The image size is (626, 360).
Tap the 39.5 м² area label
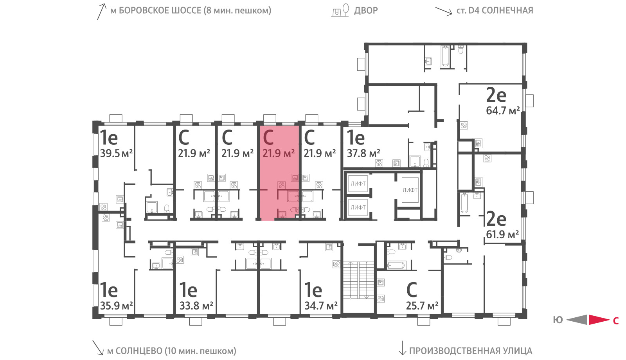click(116, 153)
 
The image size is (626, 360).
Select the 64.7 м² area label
click(503, 111)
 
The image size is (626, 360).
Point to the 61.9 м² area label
click(502, 234)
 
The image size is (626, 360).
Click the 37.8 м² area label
click(363, 153)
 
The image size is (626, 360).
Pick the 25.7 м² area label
click(422, 306)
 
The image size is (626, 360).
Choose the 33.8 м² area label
click(196, 306)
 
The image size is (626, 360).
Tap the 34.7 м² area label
click(321, 306)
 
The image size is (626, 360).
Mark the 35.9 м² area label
click(116, 306)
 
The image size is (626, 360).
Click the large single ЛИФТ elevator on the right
click(410, 190)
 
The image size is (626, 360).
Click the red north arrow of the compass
click(599, 320)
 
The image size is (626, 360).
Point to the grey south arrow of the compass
click(577, 320)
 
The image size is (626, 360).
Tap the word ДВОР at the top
click(366, 11)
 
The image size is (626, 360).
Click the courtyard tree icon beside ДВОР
click(346, 9)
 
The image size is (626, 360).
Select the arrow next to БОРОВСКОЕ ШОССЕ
click(101, 12)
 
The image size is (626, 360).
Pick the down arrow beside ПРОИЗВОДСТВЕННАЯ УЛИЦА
click(402, 348)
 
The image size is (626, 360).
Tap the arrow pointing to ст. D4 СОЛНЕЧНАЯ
click(444, 11)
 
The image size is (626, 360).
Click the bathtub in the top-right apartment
click(445, 57)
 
